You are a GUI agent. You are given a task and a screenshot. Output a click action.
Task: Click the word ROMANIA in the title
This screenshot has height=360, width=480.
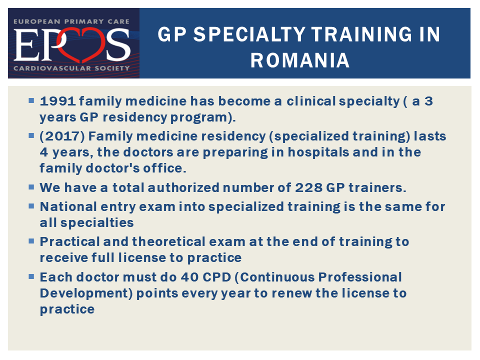(300, 60)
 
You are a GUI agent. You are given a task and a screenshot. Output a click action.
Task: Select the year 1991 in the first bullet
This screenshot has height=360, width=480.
(57, 101)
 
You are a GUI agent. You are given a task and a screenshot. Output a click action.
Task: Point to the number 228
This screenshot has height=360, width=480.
(308, 187)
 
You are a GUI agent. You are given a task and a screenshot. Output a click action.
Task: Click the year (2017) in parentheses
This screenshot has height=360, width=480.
(62, 136)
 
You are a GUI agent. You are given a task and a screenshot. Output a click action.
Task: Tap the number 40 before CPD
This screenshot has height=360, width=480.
(190, 277)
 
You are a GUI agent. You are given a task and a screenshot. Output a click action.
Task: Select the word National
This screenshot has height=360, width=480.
(68, 206)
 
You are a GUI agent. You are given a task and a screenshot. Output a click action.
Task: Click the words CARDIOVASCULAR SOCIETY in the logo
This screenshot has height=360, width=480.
(72, 68)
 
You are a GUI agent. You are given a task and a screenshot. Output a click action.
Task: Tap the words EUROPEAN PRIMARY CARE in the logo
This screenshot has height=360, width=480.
(71, 21)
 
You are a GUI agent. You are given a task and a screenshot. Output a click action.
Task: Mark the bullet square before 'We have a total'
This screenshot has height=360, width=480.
(31, 187)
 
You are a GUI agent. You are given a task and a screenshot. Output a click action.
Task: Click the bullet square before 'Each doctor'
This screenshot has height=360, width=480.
(31, 276)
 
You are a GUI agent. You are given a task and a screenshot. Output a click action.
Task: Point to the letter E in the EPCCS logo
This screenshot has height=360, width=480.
(26, 45)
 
